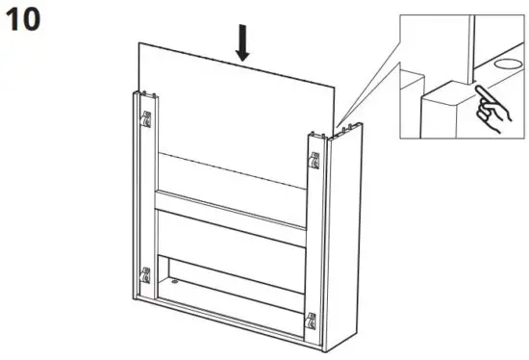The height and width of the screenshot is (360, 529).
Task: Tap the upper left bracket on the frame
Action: click(146, 120)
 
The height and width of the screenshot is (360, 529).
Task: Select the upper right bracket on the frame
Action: click(315, 162)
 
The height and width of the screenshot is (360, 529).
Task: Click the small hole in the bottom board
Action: click(175, 282)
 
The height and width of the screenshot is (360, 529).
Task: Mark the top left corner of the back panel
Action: click(138, 43)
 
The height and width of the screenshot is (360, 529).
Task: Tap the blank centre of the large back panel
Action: click(236, 106)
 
